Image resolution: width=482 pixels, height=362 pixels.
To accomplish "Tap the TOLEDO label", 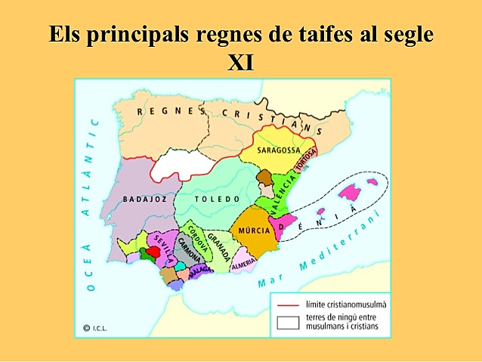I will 217,200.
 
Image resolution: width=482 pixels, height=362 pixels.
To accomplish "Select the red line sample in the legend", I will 287,304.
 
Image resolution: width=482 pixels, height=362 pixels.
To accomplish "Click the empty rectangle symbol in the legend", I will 287,322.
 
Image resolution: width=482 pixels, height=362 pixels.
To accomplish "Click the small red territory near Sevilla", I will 153,251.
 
